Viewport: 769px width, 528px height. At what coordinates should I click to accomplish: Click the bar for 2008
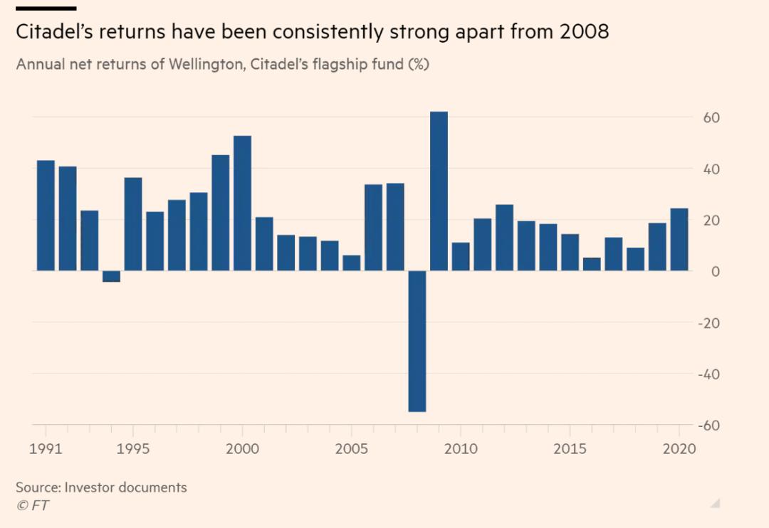(417, 341)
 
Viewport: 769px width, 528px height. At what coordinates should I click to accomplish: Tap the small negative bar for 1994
(111, 276)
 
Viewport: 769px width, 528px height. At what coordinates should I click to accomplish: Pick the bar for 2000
(242, 204)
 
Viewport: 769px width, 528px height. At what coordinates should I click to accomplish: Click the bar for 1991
(46, 216)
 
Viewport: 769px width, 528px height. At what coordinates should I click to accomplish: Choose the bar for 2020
(679, 239)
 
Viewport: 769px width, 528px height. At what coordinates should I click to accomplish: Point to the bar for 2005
(351, 263)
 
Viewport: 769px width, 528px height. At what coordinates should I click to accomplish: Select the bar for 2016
(592, 264)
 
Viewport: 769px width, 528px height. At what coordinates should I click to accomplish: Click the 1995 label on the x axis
(133, 450)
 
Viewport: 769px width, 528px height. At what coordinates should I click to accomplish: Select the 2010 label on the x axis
(461, 450)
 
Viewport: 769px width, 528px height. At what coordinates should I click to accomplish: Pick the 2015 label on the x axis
(570, 450)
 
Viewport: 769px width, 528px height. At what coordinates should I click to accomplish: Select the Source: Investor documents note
(101, 487)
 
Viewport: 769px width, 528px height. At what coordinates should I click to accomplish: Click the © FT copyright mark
(32, 505)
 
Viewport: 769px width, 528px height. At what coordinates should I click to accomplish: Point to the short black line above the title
(46, 8)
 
